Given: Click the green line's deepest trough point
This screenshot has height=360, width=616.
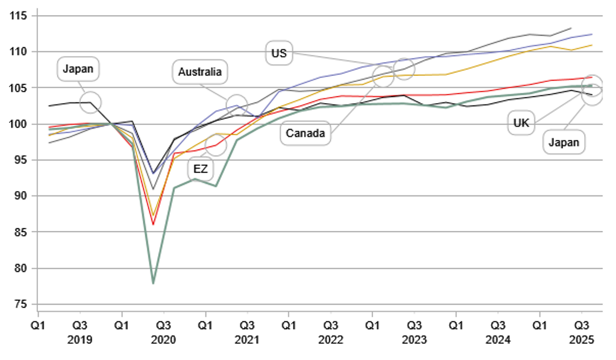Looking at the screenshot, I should (x=153, y=282).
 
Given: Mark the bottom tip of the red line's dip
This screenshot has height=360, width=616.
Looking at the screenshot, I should (x=153, y=226).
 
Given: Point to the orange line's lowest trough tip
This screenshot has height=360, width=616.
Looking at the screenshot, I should (x=154, y=215).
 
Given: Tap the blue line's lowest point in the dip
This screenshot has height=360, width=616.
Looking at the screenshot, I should (x=154, y=176).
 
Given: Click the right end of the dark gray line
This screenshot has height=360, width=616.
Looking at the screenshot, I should (x=572, y=27).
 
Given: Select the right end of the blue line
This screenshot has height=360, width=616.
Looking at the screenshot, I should (x=594, y=34).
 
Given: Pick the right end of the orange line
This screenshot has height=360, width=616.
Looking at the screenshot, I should (x=594, y=44).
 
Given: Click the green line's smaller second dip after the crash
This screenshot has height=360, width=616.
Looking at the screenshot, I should (x=216, y=187).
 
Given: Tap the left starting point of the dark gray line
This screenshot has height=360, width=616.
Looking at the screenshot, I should (x=48, y=144).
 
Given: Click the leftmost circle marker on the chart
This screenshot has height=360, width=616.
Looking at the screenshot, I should (x=90, y=103).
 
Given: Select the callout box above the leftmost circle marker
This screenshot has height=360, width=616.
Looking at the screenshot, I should (x=78, y=68).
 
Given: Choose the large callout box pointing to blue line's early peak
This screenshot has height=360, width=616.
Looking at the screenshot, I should (x=200, y=71).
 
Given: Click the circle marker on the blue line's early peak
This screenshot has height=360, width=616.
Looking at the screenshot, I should (x=237, y=106).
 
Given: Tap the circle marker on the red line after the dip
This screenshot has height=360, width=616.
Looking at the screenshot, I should (x=218, y=144).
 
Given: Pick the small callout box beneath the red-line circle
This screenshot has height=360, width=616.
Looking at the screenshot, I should (x=201, y=168).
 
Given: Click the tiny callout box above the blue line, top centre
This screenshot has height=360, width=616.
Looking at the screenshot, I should (x=280, y=53).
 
